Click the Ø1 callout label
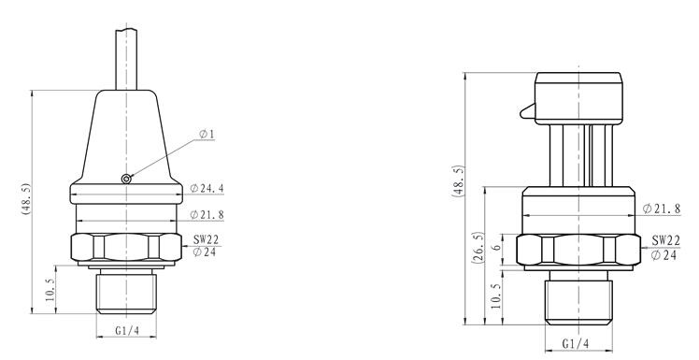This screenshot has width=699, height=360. click(207, 134)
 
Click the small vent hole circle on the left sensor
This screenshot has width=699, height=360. click(126, 179)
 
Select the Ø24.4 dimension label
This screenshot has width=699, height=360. click(207, 188)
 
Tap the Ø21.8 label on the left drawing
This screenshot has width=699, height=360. click(207, 214)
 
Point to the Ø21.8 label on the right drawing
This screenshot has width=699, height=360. click(662, 209)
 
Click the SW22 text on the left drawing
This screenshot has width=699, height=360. click(206, 240)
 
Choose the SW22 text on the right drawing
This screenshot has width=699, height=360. click(666, 241)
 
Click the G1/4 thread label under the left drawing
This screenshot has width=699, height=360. click(127, 331)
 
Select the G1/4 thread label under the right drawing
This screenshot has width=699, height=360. click(576, 343)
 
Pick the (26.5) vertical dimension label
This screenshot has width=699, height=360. click(478, 248)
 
